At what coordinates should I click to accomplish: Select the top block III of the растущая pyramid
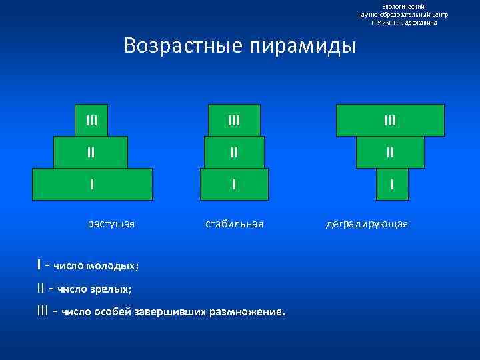click(91, 120)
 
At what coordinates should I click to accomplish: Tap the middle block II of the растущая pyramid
click(91, 152)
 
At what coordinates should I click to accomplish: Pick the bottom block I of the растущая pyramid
click(93, 184)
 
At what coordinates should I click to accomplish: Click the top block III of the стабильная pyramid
click(234, 120)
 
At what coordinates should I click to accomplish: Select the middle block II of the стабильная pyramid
click(234, 152)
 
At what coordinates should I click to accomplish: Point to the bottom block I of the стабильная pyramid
click(234, 184)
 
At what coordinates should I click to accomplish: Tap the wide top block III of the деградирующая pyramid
click(390, 120)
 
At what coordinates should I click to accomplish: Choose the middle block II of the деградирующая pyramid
click(390, 152)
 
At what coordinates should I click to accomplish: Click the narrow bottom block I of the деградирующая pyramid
click(392, 184)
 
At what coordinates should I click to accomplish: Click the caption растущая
click(111, 224)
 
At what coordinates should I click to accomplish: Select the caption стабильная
click(234, 224)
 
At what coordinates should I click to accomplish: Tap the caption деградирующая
click(367, 224)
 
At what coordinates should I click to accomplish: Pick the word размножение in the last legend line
click(251, 312)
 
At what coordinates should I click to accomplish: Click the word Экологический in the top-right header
click(403, 6)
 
